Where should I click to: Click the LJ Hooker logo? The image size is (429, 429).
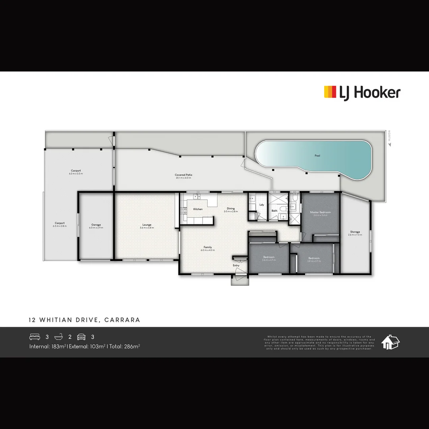pos(362,93)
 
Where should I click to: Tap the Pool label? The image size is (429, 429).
pos(317,156)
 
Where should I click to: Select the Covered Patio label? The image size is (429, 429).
pos(184,175)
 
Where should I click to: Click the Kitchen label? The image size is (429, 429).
pos(198,209)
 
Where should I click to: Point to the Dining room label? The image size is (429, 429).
pos(231,209)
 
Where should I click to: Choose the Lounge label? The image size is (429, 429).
pos(147,225)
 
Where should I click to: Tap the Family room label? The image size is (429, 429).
pos(208,247)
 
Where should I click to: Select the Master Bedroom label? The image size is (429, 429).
pos(320,213)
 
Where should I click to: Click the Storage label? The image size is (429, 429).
pos(355,232)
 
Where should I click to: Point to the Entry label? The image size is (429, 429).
pos(236,265)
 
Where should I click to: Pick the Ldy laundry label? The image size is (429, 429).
pos(262,205)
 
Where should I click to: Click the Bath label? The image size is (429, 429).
pos(274,211)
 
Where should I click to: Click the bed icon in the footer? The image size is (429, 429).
pos(35,337)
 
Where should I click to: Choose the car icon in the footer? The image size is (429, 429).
pos(81,337)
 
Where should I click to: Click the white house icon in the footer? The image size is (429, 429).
pos(390,342)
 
